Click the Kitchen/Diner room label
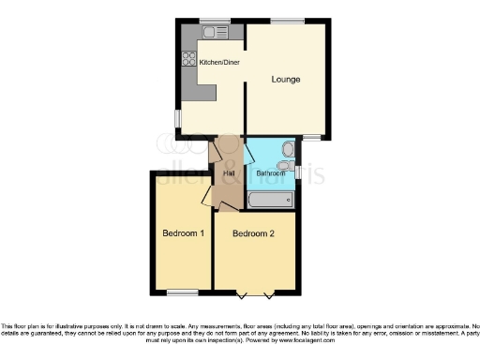click(218, 63)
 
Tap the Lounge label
click(286, 80)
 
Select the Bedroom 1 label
click(183, 233)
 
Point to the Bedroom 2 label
click(253, 233)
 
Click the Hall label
click(229, 172)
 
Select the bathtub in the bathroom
click(270, 200)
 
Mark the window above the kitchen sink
click(215, 21)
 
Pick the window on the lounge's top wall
click(287, 21)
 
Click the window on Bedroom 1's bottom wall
click(183, 292)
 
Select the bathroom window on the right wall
click(297, 171)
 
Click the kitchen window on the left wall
click(177, 118)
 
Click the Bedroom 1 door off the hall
click(208, 194)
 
